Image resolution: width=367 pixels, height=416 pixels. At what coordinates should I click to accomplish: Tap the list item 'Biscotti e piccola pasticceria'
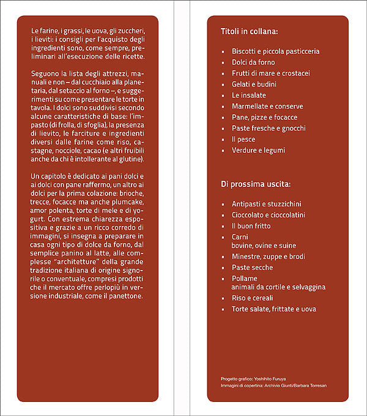tap(275, 51)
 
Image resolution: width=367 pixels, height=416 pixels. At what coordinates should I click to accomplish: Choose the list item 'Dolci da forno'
tap(253, 62)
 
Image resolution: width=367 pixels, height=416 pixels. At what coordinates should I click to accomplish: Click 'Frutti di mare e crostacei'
tap(271, 73)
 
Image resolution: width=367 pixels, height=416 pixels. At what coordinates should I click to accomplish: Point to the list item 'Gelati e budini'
tap(254, 84)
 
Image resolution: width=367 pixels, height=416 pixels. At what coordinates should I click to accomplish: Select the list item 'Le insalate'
tap(248, 95)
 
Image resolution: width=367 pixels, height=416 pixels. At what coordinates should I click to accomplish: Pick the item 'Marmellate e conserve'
tap(267, 106)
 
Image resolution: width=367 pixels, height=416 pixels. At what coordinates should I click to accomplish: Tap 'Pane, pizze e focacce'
tap(264, 117)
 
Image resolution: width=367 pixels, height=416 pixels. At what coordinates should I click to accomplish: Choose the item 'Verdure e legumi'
tap(258, 150)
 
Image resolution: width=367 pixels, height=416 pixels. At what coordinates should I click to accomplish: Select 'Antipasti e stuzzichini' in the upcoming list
tap(267, 204)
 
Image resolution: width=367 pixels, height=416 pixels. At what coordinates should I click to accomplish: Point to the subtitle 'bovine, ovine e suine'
tap(264, 246)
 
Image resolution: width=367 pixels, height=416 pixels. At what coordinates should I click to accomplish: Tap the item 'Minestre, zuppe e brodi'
tap(269, 257)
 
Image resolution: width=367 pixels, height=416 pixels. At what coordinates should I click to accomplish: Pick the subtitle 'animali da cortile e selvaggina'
tap(278, 287)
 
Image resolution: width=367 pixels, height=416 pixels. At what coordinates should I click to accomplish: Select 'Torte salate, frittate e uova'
tap(274, 309)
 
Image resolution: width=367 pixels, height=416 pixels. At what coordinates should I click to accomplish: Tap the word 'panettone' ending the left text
tap(125, 296)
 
